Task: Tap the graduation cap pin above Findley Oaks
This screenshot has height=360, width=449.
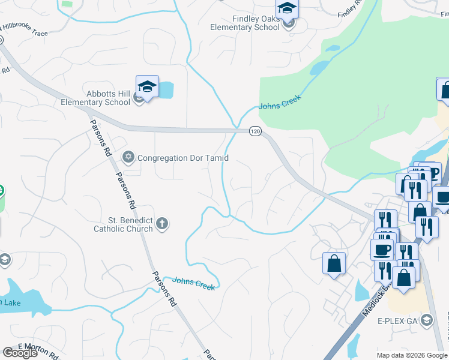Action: pyautogui.click(x=287, y=9)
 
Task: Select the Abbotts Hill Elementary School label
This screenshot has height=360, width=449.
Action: pyautogui.click(x=95, y=98)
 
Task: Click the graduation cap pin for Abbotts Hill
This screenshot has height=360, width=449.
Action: pyautogui.click(x=147, y=87)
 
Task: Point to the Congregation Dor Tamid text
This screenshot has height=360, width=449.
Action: pyautogui.click(x=183, y=158)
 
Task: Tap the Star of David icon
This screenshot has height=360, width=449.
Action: pyautogui.click(x=127, y=158)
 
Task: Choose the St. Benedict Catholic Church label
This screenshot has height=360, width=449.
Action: pyautogui.click(x=122, y=224)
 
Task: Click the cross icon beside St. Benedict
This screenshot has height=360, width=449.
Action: pyautogui.click(x=161, y=224)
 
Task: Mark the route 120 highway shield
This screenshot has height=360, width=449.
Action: pyautogui.click(x=255, y=131)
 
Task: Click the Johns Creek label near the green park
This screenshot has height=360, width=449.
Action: pyautogui.click(x=279, y=102)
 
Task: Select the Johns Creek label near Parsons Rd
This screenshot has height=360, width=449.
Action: pyautogui.click(x=193, y=283)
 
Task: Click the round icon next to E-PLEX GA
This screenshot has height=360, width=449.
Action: pyautogui.click(x=427, y=319)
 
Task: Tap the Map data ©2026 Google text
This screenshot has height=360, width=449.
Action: pyautogui.click(x=411, y=355)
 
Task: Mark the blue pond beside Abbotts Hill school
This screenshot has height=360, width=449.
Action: pyautogui.click(x=166, y=90)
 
